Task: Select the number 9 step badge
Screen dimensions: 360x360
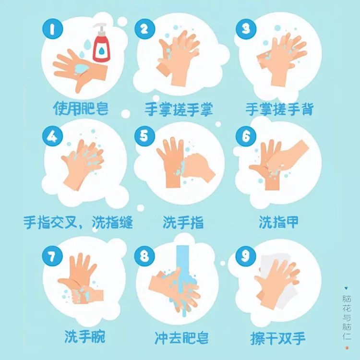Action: pyautogui.click(x=246, y=256)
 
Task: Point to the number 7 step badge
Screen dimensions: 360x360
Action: pyautogui.click(x=52, y=256)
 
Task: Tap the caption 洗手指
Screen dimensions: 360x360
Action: pyautogui.click(x=183, y=222)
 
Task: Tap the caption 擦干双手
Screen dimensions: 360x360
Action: pyautogui.click(x=278, y=337)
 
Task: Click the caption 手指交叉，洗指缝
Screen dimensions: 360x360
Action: pyautogui.click(x=78, y=222)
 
